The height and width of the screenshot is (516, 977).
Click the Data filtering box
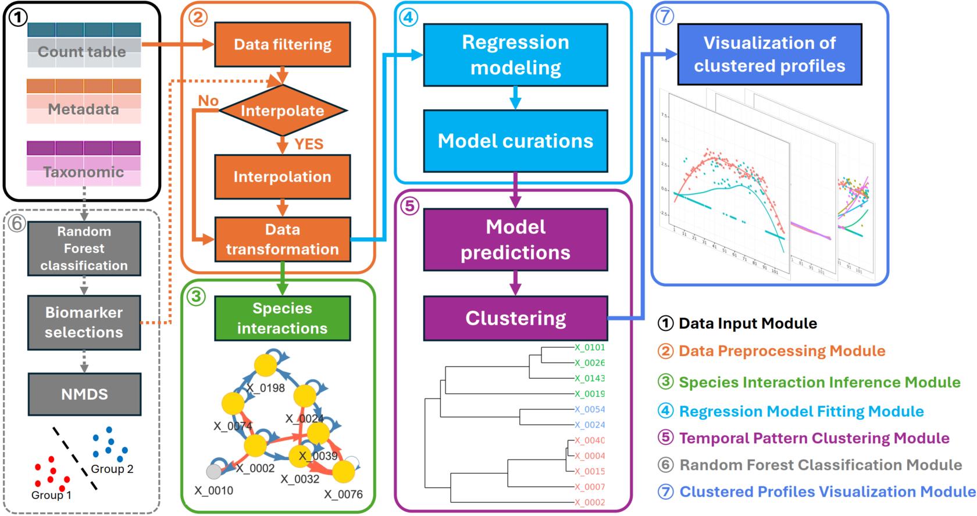click(283, 45)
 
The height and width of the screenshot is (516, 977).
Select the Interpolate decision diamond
click(283, 111)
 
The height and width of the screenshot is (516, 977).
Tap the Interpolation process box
click(283, 177)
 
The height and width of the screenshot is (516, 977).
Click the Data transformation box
click(283, 239)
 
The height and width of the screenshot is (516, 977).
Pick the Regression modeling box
click(515, 55)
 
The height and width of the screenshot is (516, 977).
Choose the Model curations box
click(515, 141)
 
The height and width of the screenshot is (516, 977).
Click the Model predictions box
click(515, 239)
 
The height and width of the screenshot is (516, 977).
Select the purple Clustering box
click(515, 318)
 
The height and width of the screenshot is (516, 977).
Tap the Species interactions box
click(283, 318)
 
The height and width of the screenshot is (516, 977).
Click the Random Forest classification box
click(84, 248)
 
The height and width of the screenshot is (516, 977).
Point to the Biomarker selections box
click(84, 322)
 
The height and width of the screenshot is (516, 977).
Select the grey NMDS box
click(84, 394)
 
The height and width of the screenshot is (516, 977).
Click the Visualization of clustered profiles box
click(769, 55)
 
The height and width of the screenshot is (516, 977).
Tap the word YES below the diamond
click(309, 144)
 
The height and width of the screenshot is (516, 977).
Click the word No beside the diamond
click(208, 101)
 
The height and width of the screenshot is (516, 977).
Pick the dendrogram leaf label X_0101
click(590, 347)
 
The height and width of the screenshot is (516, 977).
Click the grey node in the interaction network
click(214, 471)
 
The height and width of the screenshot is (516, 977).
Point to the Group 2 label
click(112, 469)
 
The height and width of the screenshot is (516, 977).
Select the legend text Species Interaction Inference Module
click(819, 382)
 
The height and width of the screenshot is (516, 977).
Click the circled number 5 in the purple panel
click(410, 207)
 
